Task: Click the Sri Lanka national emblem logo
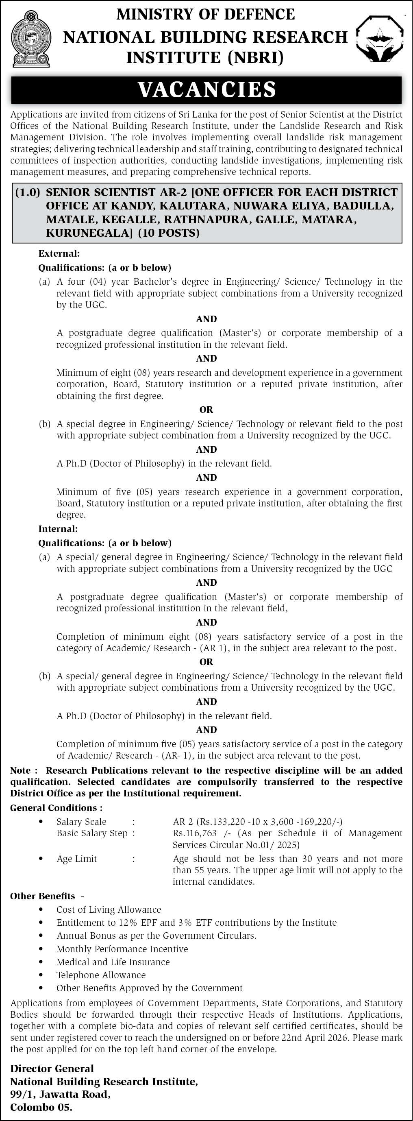point(30,39)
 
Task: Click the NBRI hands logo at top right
point(379,38)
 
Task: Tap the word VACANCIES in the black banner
point(206,89)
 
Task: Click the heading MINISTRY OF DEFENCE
point(206,14)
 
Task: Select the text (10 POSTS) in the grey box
point(169,233)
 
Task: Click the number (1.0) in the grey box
point(27,192)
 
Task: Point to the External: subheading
point(59,253)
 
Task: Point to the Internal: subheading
point(58,529)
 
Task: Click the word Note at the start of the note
point(20,770)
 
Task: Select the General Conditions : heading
point(57,808)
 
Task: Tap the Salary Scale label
point(81,822)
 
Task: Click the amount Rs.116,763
point(194,833)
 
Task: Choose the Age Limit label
point(76,859)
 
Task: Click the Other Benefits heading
point(43,896)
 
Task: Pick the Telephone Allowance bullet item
point(101,975)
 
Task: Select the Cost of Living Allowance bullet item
point(109,909)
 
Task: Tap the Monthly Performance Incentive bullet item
point(122,949)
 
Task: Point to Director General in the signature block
point(52,1069)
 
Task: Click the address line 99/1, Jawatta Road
point(61,1095)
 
